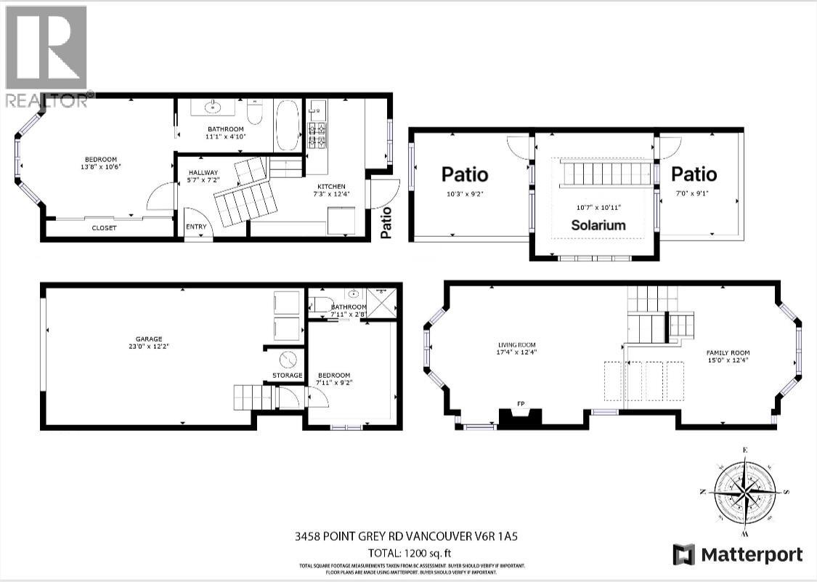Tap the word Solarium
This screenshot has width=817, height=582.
(x=598, y=225)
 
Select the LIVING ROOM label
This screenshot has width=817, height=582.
(x=516, y=345)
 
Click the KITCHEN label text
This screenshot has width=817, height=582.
(x=325, y=186)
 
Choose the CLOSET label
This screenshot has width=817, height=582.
(x=104, y=227)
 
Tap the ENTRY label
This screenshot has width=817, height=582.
(x=196, y=227)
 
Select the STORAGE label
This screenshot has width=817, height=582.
(x=288, y=375)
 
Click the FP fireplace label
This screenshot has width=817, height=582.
(x=521, y=403)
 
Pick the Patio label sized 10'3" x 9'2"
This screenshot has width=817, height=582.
(x=465, y=174)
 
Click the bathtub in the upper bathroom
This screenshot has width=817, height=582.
(x=286, y=125)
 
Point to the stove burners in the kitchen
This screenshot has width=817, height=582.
(x=317, y=136)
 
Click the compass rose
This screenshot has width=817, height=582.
(x=745, y=491)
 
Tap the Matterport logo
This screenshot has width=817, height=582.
(x=738, y=555)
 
